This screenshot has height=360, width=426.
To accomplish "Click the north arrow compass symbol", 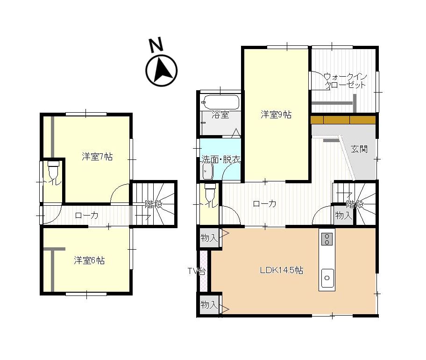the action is (162, 70).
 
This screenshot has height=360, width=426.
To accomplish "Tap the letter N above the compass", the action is (156, 45).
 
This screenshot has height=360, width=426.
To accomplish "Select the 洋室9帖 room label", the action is (276, 115).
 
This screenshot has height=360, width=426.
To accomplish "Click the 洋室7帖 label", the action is (97, 157).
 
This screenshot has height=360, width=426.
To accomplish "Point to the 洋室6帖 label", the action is (89, 260).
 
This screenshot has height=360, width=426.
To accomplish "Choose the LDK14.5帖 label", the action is (282, 270).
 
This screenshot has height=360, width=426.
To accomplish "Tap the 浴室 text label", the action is (220, 115).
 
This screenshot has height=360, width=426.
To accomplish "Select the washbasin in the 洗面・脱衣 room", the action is (208, 171).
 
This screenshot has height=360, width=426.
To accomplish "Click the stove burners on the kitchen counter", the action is (327, 239).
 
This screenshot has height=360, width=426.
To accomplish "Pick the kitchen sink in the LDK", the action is (327, 278).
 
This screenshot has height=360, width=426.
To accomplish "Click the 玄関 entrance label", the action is (359, 149).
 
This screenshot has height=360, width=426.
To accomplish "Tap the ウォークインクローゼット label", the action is (345, 81).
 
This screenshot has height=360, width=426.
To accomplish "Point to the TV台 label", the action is (197, 271).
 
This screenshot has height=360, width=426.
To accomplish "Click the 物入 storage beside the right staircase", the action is (343, 215).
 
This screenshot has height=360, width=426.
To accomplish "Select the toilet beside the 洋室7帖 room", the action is (54, 169).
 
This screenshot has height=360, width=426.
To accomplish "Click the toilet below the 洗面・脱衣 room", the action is (210, 192).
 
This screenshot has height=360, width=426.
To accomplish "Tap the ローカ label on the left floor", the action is (87, 216).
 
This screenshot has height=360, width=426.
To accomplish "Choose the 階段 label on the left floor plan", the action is (154, 204).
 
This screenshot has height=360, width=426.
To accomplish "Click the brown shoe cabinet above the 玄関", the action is (343, 120).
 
